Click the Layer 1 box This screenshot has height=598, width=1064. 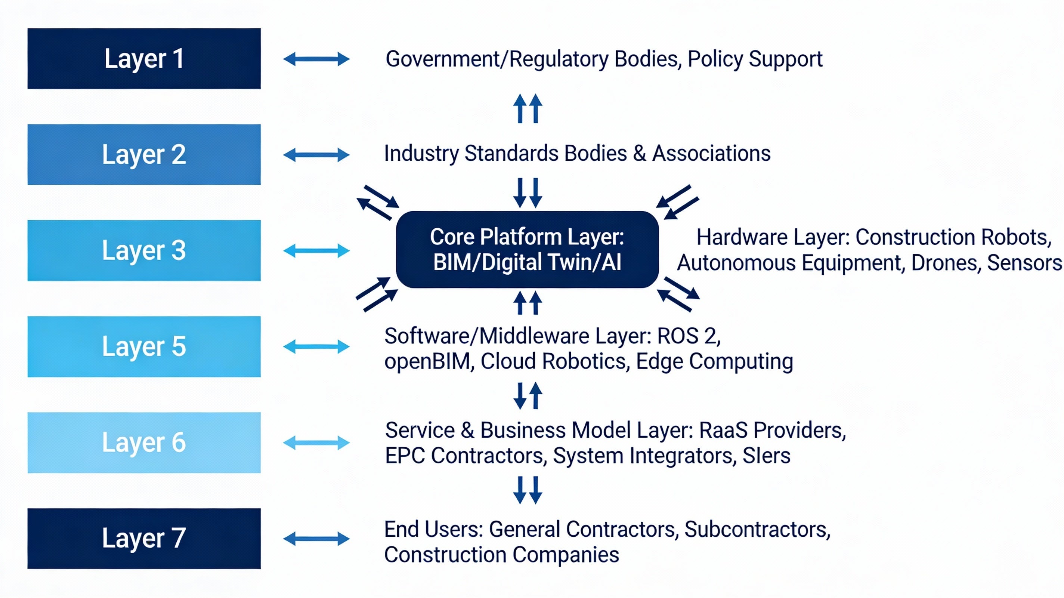click(x=144, y=59)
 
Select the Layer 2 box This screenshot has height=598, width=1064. click(x=144, y=155)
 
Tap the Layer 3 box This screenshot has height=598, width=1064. click(x=144, y=250)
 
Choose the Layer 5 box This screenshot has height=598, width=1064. click(x=144, y=346)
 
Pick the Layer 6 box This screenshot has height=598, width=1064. click(x=144, y=442)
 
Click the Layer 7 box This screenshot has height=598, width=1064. click(x=144, y=538)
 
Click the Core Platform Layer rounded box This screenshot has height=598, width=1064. click(x=527, y=250)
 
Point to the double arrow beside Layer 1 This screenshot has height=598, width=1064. click(x=316, y=59)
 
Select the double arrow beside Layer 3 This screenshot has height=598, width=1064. click(x=316, y=250)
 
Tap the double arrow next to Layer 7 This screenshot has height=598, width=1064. click(x=316, y=539)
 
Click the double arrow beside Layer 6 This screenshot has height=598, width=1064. click(x=316, y=443)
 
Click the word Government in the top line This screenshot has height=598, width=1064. click(x=442, y=59)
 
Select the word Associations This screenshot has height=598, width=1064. click(x=711, y=153)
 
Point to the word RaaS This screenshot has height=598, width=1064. click(x=723, y=430)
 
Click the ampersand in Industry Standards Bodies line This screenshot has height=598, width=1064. click(x=639, y=153)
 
